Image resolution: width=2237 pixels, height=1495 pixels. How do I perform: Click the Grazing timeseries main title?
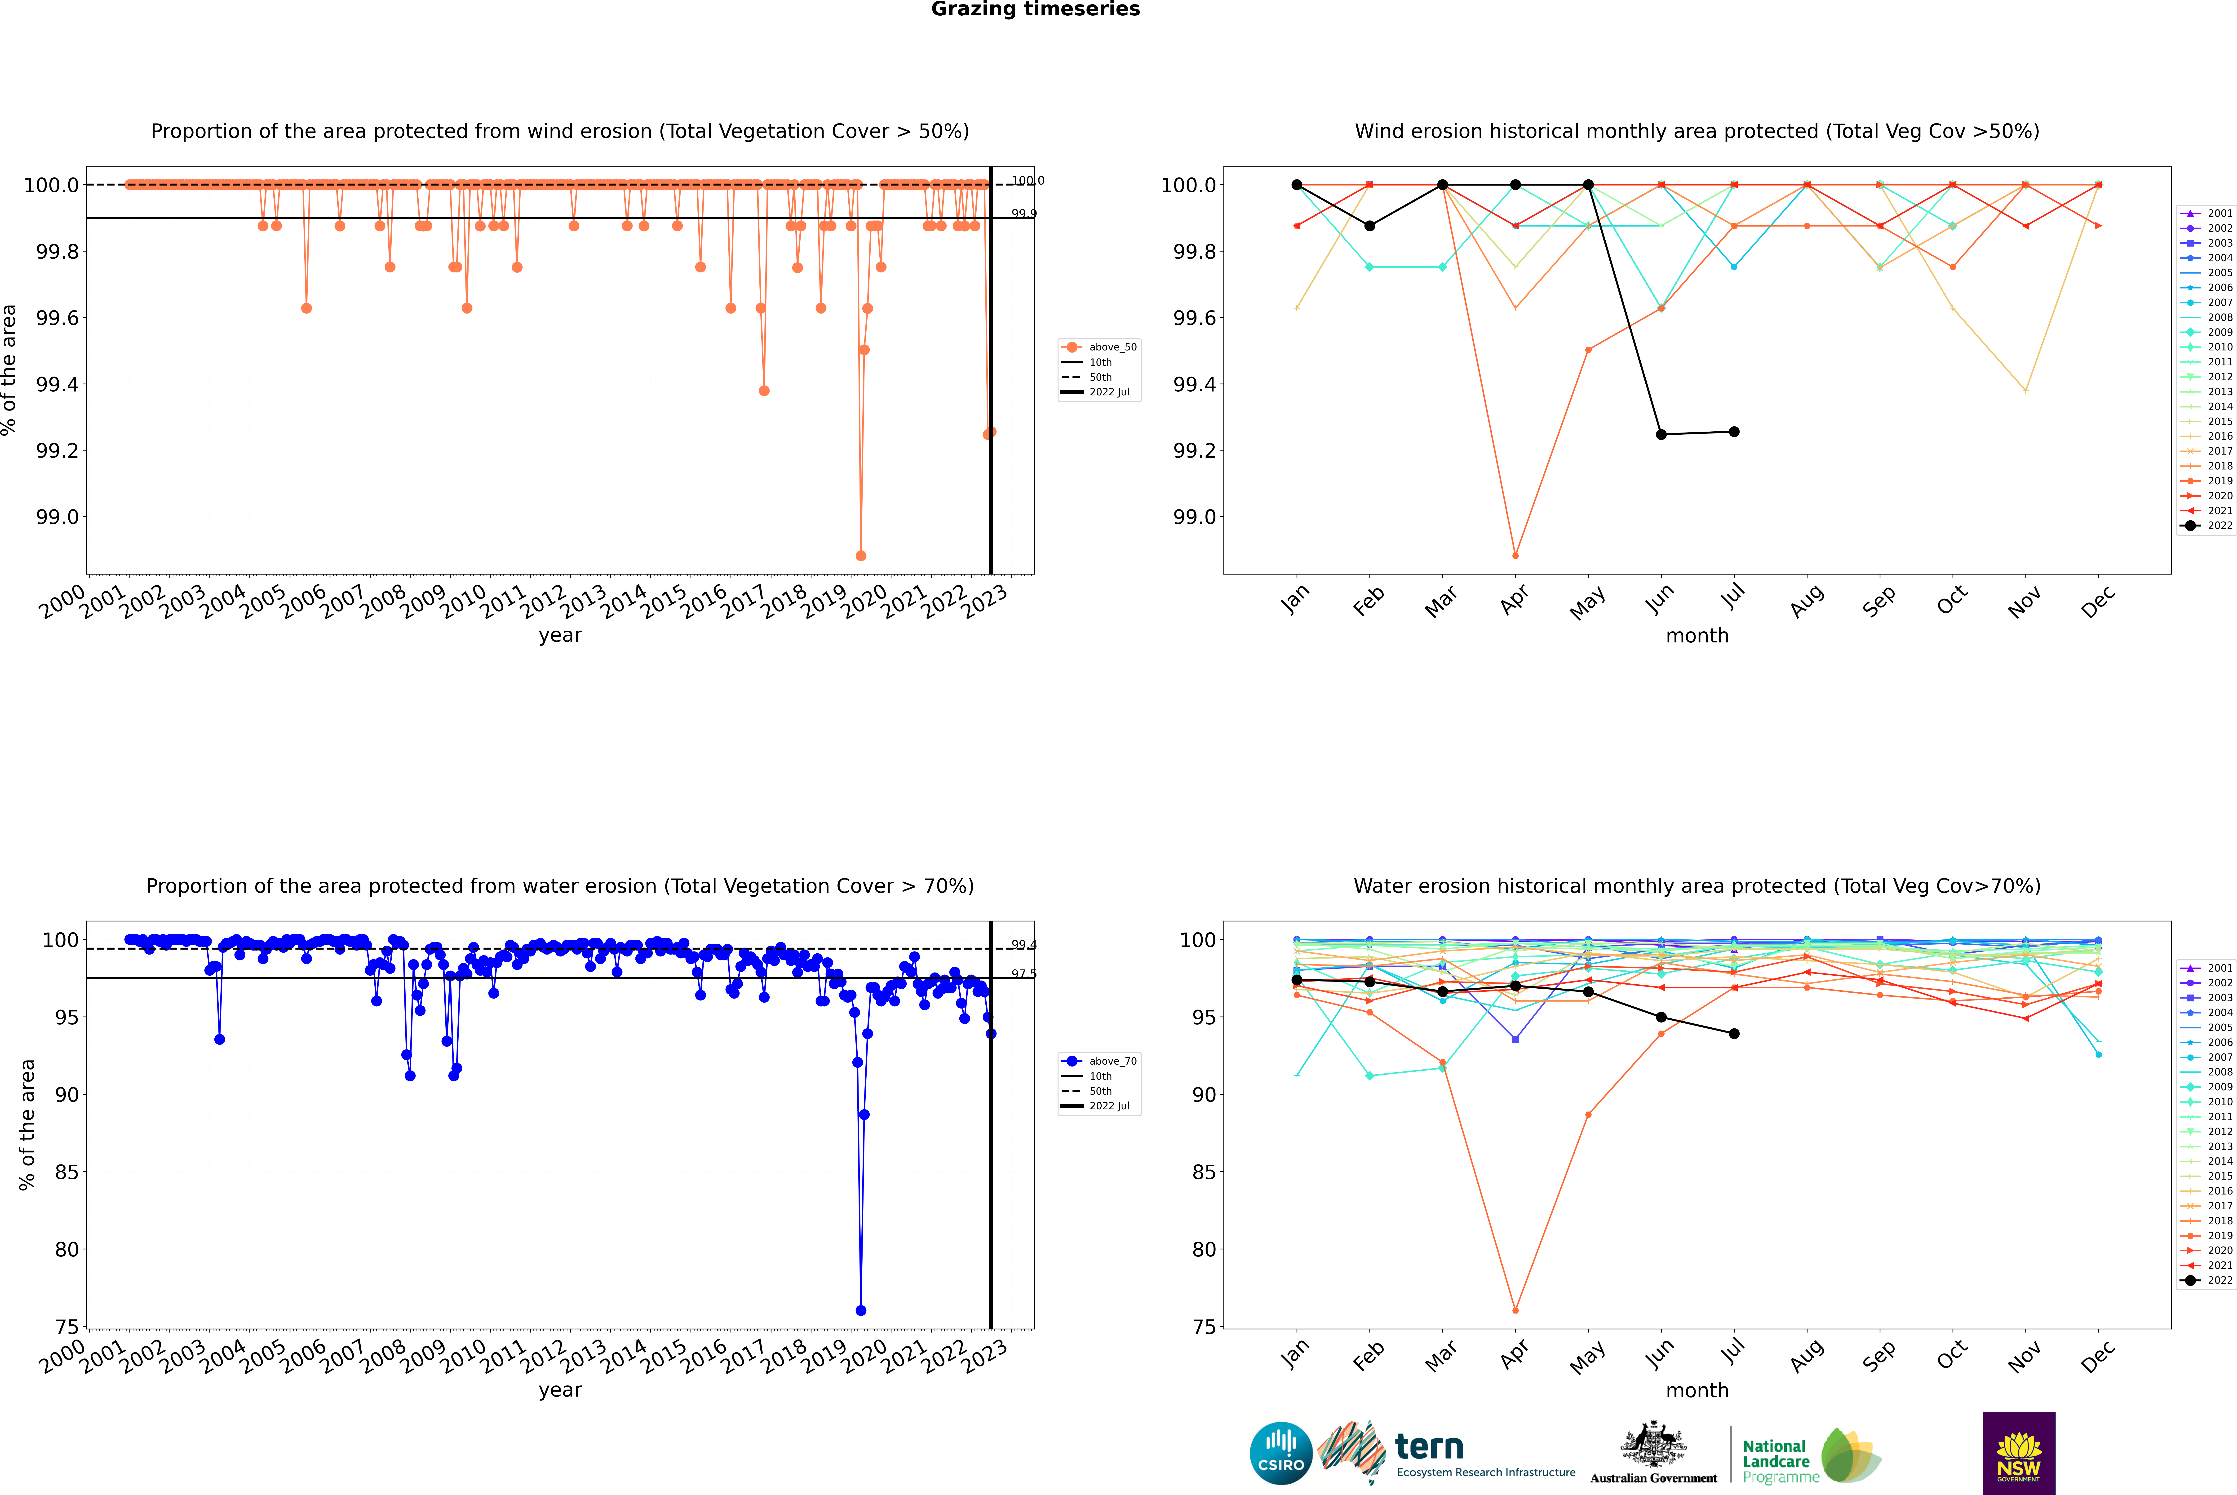click(x=1036, y=9)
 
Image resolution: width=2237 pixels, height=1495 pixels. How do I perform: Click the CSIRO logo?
click(x=1281, y=1453)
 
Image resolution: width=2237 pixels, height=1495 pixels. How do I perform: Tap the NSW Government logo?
click(x=2019, y=1453)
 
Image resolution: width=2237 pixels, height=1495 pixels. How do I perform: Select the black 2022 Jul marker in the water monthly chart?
click(x=1733, y=1034)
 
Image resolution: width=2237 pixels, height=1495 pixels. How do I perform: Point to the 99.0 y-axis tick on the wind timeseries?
click(x=57, y=517)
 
